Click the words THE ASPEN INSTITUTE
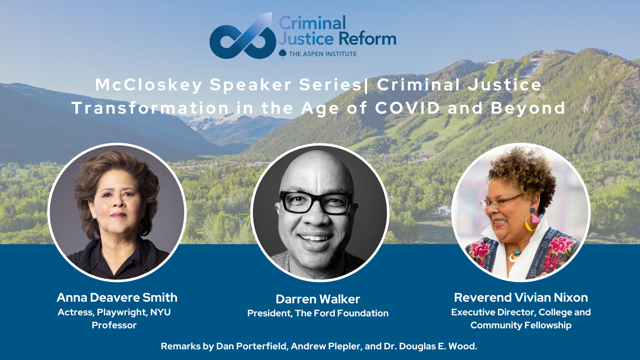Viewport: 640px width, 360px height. click(323, 54)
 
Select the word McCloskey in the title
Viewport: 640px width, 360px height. click(149, 85)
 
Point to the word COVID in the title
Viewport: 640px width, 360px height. click(408, 108)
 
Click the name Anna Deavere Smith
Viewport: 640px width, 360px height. click(117, 297)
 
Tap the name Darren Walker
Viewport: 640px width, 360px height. click(318, 299)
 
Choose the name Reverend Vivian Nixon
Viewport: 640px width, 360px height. click(521, 297)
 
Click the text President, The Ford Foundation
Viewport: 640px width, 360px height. click(318, 313)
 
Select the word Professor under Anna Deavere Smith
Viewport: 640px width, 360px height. click(114, 325)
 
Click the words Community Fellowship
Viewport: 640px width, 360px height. click(521, 325)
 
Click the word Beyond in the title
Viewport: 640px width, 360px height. click(528, 109)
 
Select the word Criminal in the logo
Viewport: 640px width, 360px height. click(312, 23)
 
